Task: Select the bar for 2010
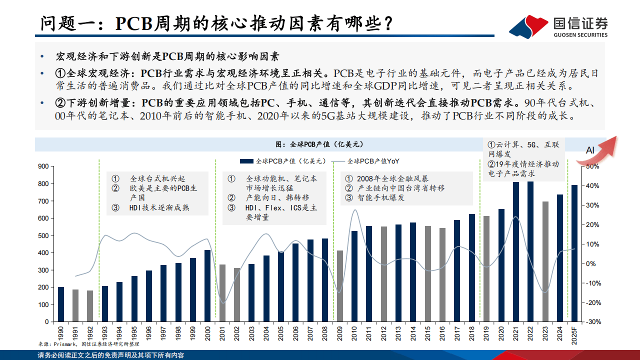354,275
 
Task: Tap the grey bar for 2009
340,285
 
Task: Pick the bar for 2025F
574,252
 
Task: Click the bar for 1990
61,303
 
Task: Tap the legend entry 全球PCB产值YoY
373,161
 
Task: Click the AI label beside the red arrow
590,150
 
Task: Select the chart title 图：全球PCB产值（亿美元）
319,144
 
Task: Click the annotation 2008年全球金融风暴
392,178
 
